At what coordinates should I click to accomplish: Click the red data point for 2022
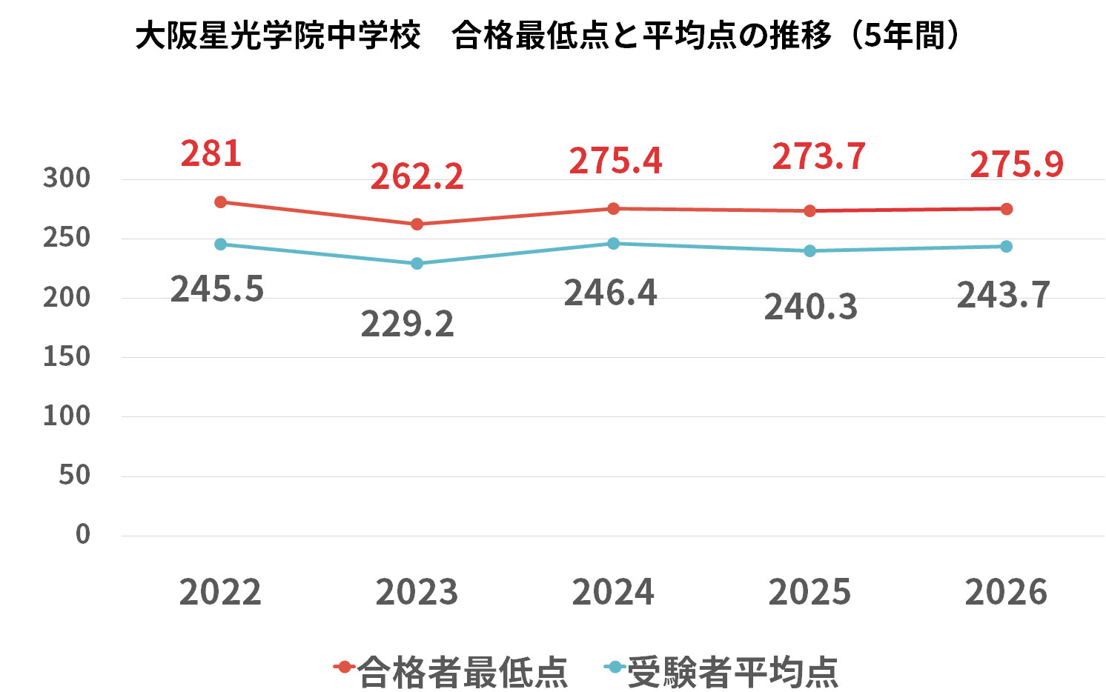tap(220, 202)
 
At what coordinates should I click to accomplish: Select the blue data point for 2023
tap(417, 263)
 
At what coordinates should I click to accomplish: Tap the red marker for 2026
tap(1006, 209)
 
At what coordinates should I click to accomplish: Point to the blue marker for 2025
tap(809, 251)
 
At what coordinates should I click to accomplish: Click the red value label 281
tap(211, 153)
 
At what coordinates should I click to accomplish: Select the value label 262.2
tap(417, 176)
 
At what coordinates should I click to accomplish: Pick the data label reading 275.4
tap(615, 161)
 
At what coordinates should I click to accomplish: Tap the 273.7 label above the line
tap(818, 156)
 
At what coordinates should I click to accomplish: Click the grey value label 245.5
tap(217, 289)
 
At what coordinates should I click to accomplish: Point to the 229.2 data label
tap(407, 324)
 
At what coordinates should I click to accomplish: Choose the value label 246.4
tap(610, 293)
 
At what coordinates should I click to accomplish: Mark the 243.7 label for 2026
tap(1003, 295)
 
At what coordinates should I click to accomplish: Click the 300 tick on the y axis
tap(66, 179)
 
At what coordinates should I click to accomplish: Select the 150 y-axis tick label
tap(66, 356)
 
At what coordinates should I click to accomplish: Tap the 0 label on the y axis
tap(82, 534)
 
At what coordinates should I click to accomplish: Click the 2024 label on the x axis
tap(613, 592)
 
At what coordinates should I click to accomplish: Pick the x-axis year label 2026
tap(1006, 592)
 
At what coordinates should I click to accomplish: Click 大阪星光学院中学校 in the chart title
tap(278, 36)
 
